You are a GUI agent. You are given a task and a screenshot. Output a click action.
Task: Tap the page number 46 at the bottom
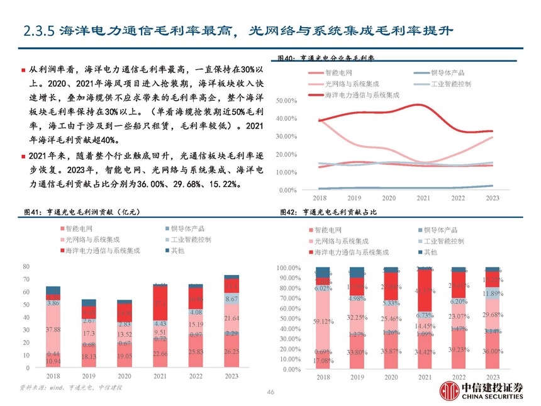(x=270, y=392)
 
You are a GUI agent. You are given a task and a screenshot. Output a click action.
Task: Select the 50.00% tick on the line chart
(x=286, y=100)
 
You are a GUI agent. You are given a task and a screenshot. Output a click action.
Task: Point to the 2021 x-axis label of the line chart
(x=423, y=198)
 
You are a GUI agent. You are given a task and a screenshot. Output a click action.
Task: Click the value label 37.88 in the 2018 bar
(x=53, y=330)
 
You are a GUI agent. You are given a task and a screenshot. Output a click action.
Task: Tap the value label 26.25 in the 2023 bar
(x=231, y=351)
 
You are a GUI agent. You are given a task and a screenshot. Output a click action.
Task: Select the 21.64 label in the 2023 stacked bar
(x=231, y=318)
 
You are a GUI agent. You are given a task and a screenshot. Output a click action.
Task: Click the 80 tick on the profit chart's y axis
(x=26, y=267)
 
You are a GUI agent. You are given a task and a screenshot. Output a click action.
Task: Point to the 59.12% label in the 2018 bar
(x=323, y=321)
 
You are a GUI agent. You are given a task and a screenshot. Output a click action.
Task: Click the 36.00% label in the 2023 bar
(x=492, y=351)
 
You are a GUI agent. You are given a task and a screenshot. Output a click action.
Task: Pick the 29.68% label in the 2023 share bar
(x=492, y=314)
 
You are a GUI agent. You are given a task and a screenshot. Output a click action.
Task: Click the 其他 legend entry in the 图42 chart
(x=430, y=252)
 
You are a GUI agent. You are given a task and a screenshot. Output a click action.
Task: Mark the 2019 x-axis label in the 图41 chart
(x=89, y=376)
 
